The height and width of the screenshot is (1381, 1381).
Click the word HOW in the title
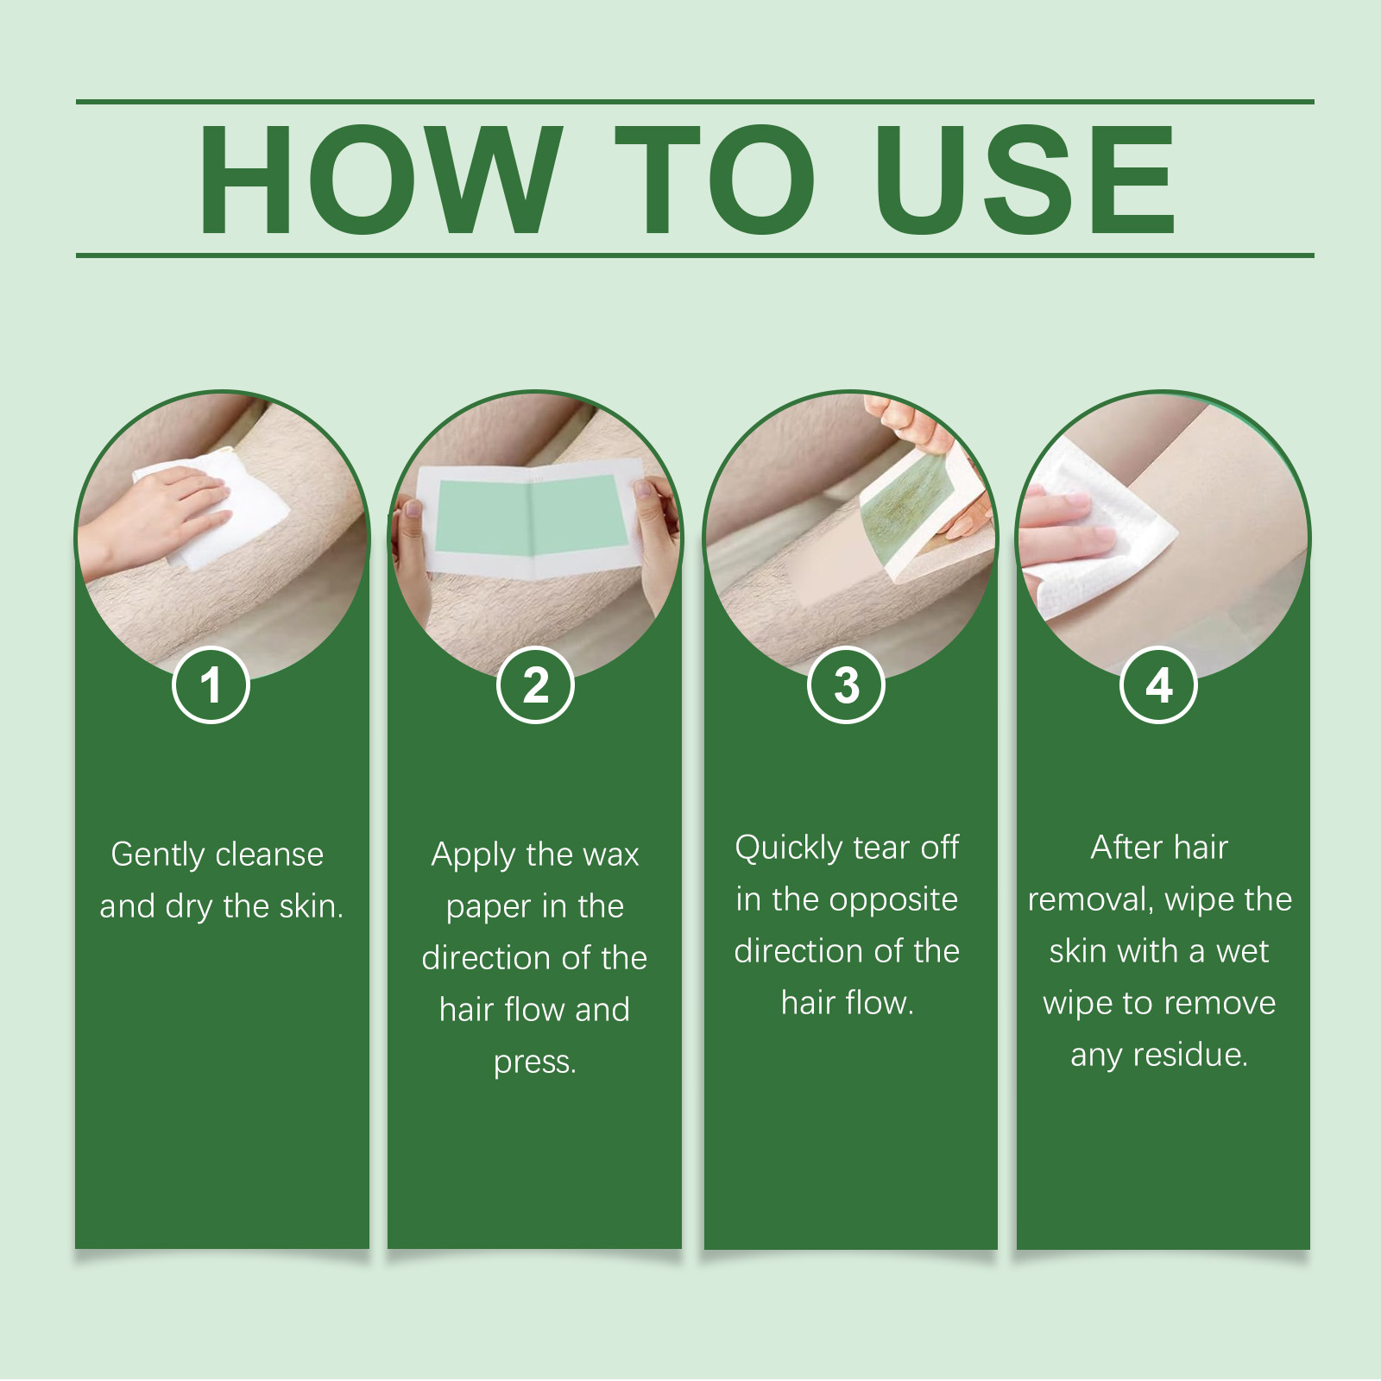(380, 179)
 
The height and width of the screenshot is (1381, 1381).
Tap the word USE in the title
(1025, 179)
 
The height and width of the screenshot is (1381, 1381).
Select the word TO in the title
(715, 179)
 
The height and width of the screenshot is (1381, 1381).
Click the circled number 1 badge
(211, 685)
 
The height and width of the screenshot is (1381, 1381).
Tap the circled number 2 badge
(535, 685)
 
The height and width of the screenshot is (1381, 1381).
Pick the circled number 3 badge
(847, 685)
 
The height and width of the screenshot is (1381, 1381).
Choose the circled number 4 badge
(1158, 685)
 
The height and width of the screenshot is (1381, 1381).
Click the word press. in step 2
(534, 1062)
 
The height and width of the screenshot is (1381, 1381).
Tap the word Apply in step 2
(472, 854)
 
